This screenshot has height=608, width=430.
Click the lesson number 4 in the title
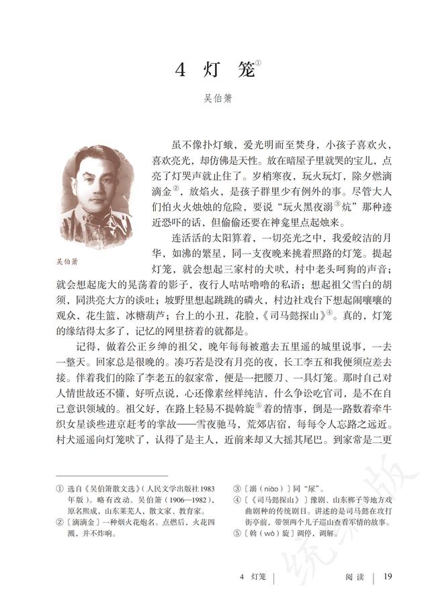179,70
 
